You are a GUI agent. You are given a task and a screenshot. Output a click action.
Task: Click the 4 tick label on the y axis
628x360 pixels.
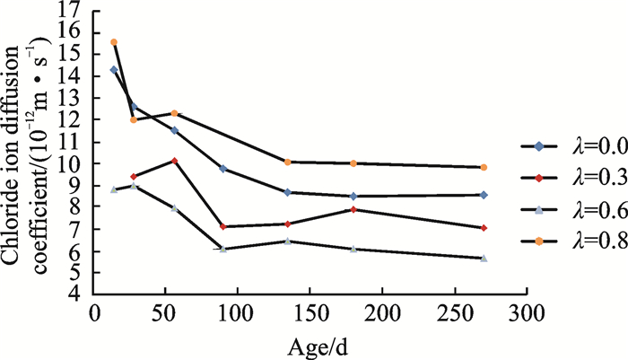pos(79,294)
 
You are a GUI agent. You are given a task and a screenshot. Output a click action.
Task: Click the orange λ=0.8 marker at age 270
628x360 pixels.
pos(484,167)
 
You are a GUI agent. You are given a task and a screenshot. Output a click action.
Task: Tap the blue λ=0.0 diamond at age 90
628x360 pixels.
pos(222,169)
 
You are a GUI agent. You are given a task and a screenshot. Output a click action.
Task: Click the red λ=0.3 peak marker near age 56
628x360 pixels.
pos(175,161)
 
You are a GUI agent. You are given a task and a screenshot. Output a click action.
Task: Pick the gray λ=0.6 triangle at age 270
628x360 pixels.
pos(484,259)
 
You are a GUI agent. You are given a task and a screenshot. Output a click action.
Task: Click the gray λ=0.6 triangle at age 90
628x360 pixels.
pos(222,249)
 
